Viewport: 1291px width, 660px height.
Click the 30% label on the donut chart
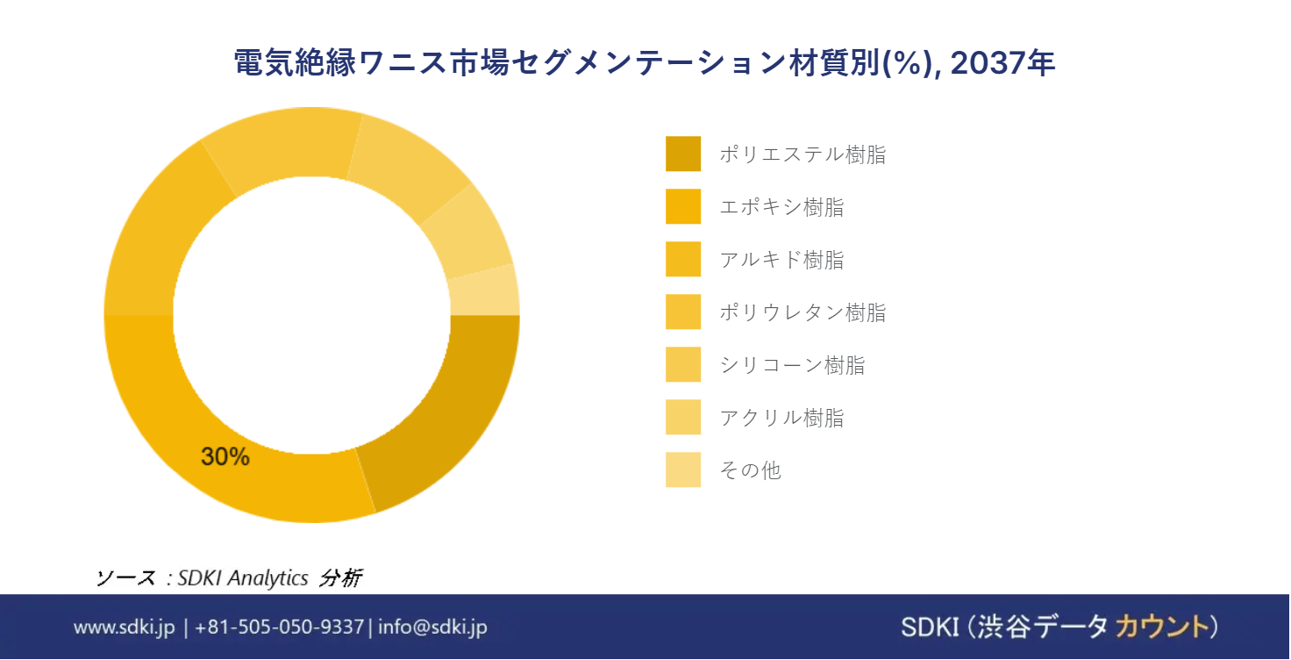[225, 456]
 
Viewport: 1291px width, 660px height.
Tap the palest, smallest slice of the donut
[485, 291]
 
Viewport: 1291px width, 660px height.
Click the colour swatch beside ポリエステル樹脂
[683, 154]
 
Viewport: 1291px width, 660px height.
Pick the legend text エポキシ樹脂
[781, 207]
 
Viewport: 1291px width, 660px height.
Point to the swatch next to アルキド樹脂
[683, 259]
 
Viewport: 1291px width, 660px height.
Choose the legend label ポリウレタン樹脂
[802, 312]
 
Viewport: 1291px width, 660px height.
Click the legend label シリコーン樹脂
[792, 365]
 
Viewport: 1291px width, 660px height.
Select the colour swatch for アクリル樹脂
[683, 417]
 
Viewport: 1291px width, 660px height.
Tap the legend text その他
[751, 470]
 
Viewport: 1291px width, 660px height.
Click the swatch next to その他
[683, 470]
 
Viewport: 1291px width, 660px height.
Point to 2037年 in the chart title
[1002, 62]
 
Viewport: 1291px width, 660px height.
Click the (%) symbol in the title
[909, 63]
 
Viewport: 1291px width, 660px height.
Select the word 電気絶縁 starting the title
[295, 62]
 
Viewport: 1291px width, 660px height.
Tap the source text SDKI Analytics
[243, 577]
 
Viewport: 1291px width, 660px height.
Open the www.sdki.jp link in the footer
[124, 628]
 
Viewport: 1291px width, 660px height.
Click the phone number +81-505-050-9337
[280, 628]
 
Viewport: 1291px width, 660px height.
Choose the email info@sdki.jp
[433, 628]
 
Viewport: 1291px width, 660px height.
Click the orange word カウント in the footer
[1160, 628]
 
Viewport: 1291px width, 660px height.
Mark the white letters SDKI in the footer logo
[930, 628]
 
